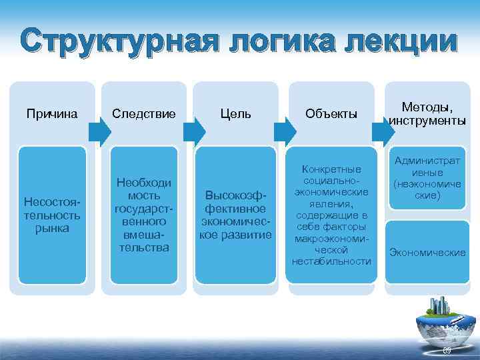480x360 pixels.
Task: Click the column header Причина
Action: click(52, 114)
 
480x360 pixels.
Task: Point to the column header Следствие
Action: click(143, 114)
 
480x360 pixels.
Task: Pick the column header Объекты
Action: click(331, 114)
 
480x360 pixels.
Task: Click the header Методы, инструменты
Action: click(427, 114)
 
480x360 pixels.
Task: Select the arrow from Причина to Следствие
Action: click(98, 133)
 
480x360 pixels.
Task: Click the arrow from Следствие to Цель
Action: click(190, 133)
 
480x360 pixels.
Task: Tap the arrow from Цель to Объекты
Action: click(286, 133)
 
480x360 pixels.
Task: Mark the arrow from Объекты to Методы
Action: click(382, 133)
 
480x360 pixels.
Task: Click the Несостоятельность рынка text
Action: click(52, 215)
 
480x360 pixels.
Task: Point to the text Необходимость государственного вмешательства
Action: click(143, 215)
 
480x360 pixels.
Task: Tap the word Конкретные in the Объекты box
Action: click(331, 170)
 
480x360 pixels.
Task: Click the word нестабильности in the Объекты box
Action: click(331, 261)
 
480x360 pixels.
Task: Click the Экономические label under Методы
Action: click(427, 253)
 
